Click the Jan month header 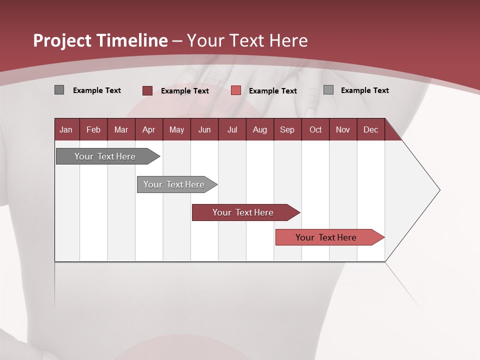[x=66, y=129]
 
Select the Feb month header [x=93, y=129]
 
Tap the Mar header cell [x=121, y=129]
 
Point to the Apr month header [x=149, y=129]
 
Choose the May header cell [x=176, y=129]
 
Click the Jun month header [x=204, y=129]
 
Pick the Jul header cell [x=232, y=129]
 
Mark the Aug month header [x=260, y=129]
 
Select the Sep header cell [x=287, y=129]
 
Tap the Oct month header [x=315, y=129]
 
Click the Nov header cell [x=343, y=129]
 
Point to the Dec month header [x=371, y=129]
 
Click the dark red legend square [x=147, y=90]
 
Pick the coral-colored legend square [x=236, y=90]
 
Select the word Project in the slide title [x=62, y=40]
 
